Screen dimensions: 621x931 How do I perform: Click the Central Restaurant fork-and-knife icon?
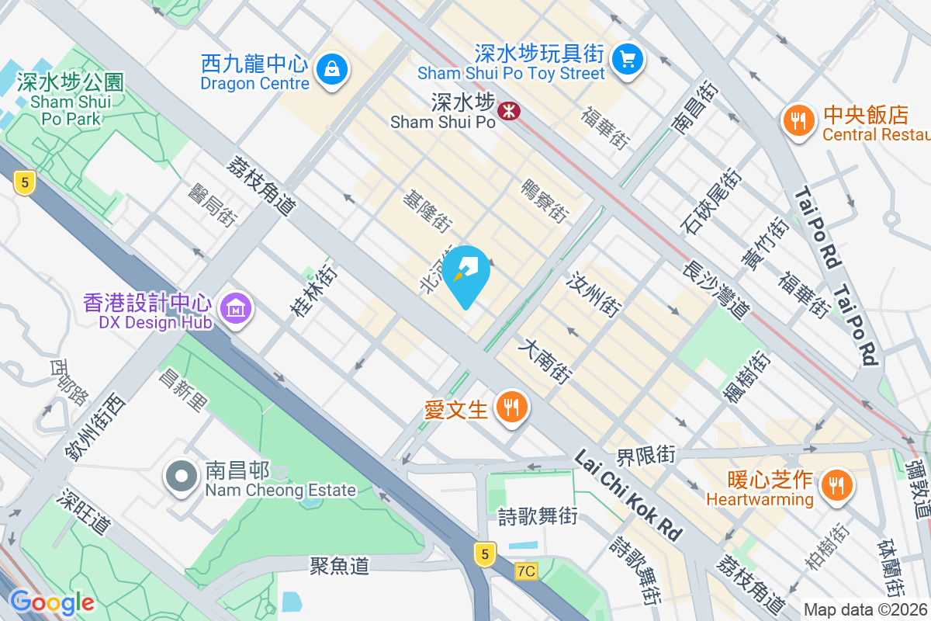[x=797, y=121]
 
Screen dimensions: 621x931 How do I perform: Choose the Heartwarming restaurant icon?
[x=835, y=485]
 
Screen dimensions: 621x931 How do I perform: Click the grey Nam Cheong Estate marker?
[x=182, y=476]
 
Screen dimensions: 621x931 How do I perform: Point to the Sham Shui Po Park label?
[x=71, y=100]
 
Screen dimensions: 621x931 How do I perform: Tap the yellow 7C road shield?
[x=525, y=571]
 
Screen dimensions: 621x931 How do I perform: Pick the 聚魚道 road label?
[x=338, y=566]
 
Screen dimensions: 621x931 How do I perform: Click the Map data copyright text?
[x=866, y=609]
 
